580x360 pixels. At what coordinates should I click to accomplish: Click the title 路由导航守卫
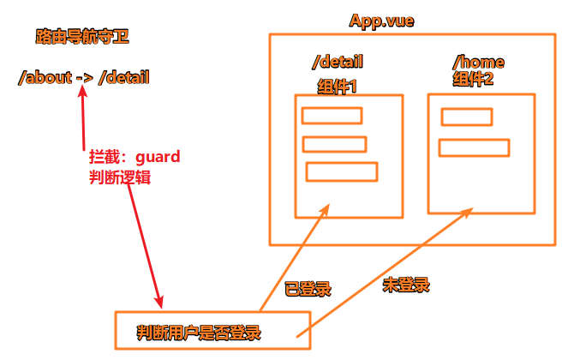coord(82,38)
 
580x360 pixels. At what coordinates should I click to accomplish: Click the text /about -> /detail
coord(83,78)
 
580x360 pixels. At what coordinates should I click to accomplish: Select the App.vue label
coord(380,21)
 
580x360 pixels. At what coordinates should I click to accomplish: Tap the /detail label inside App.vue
coord(338,62)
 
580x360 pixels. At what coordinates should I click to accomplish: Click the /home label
coord(477,63)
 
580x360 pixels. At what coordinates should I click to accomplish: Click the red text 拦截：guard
coord(135,159)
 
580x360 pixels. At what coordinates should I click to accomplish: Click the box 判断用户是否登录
coord(212,330)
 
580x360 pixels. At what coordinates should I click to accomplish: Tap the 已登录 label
coord(308,288)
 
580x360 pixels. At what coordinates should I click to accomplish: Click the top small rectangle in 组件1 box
coord(332,116)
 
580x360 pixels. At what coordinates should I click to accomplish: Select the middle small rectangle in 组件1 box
coord(334,144)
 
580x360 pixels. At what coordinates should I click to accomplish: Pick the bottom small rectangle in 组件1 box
coord(341,171)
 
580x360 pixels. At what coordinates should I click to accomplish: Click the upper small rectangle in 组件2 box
coord(466,117)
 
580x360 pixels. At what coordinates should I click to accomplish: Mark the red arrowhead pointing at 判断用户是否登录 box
coord(159,302)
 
